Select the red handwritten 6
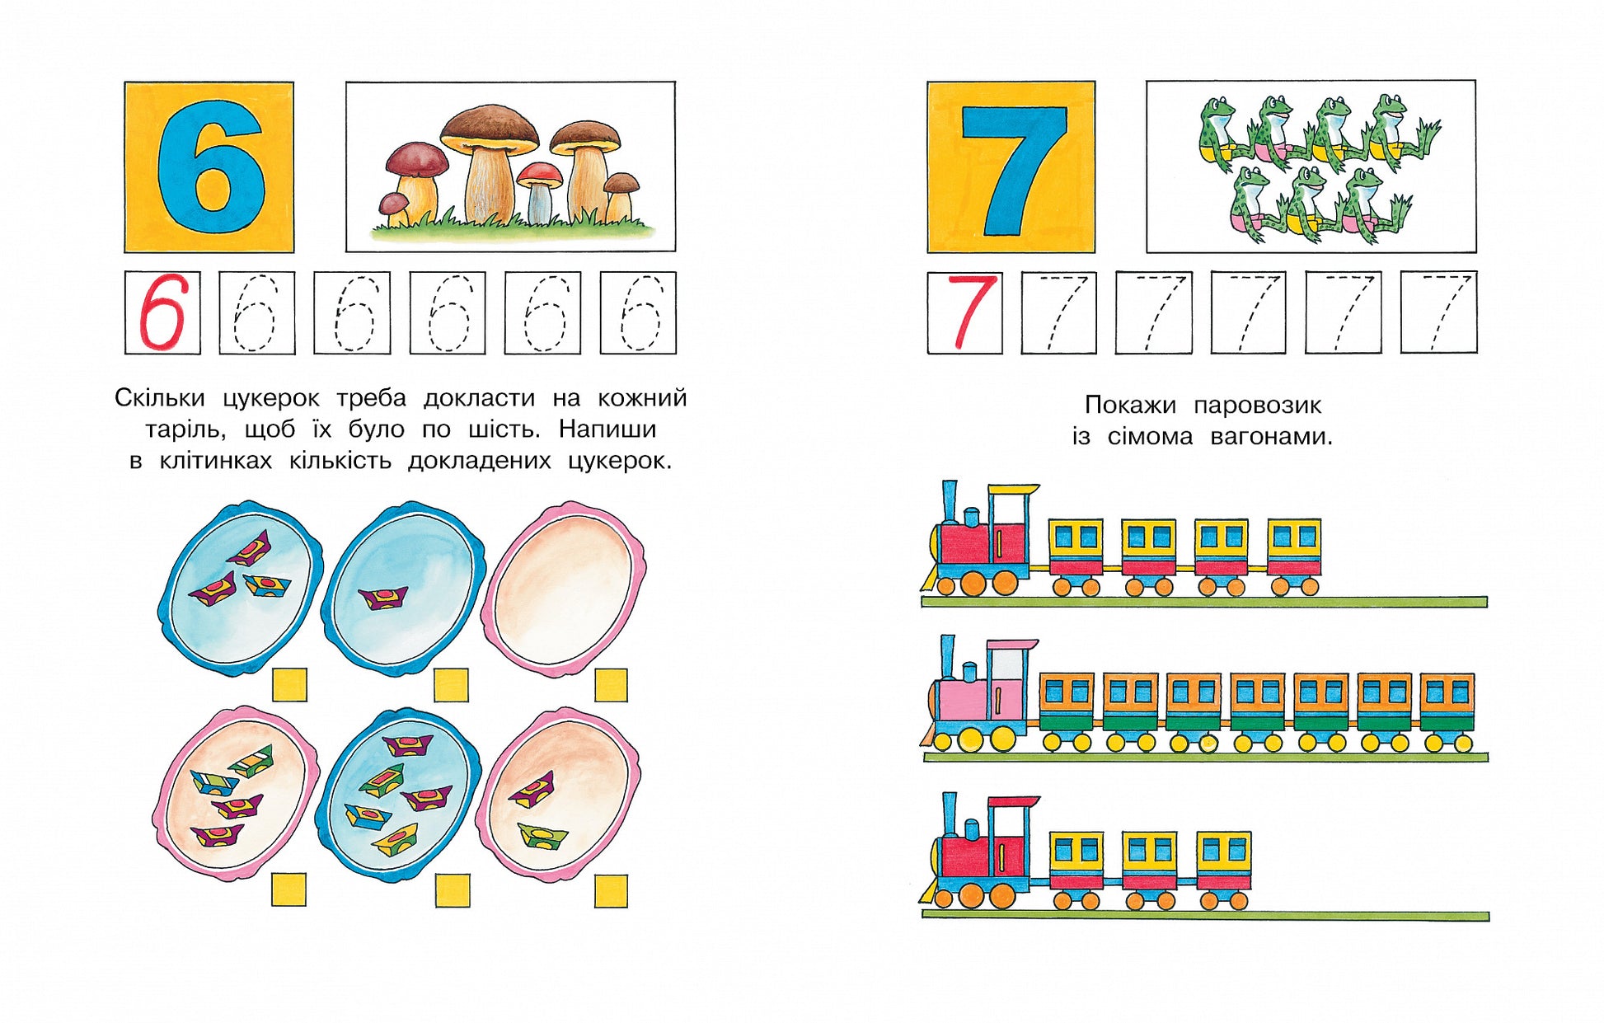(163, 312)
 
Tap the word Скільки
(159, 398)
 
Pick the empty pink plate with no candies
(564, 589)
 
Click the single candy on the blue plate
(384, 597)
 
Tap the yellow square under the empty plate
(611, 685)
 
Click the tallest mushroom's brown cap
(489, 128)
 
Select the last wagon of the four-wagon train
(1294, 557)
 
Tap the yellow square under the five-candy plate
(453, 890)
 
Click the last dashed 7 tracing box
(1438, 312)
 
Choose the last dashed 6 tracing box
(638, 313)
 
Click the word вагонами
(1271, 436)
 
